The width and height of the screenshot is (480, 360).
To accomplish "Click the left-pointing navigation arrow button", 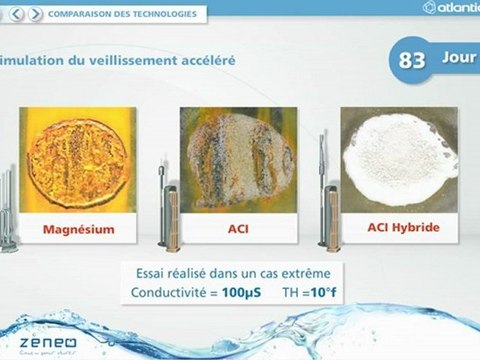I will [x=20, y=14].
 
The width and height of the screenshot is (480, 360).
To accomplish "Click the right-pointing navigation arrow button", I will [x=36, y=14].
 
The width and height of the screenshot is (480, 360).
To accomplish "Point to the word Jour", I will [x=459, y=57].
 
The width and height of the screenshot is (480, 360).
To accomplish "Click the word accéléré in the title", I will [x=203, y=60].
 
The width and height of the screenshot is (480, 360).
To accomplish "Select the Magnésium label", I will [x=78, y=229].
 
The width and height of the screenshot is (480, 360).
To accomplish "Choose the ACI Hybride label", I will [x=403, y=227].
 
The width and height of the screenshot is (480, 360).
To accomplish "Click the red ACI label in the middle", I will [x=239, y=229].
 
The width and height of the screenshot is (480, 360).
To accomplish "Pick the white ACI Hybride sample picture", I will [x=400, y=156].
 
